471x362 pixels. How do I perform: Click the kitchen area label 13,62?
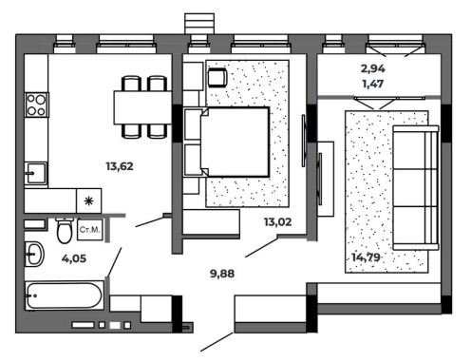point(120,166)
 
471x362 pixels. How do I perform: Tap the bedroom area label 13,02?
point(278,222)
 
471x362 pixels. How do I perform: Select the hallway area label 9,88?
point(222,274)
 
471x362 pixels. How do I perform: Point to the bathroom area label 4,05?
point(74,258)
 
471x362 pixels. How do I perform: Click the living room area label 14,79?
point(366,257)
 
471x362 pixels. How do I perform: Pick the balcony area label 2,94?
point(373,68)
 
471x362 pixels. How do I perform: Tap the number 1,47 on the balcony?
point(373,84)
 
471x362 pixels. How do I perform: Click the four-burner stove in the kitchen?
point(37,105)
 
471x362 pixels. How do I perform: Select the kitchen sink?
point(36,173)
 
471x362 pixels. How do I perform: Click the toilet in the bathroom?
point(65,230)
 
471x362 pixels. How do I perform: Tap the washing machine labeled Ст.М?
point(90,230)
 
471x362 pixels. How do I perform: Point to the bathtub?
point(65,295)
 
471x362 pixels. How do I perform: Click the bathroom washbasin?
point(34,254)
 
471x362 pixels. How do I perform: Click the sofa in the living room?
point(416,188)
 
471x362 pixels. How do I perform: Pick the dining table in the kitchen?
point(142,107)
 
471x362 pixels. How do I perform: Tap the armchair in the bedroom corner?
point(217,77)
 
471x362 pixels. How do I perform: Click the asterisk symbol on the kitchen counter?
point(89,200)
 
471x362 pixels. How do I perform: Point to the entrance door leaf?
point(217,341)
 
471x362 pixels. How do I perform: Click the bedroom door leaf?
point(262,247)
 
